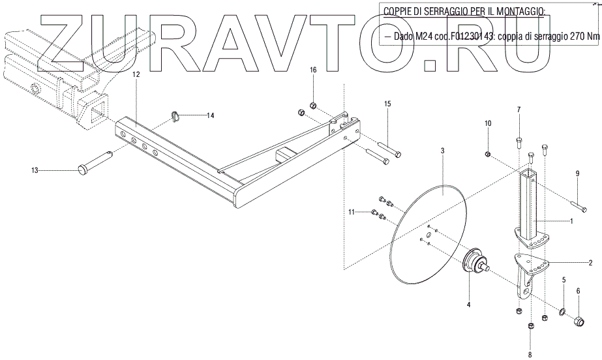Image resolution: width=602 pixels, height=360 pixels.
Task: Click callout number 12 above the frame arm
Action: pyautogui.click(x=136, y=76)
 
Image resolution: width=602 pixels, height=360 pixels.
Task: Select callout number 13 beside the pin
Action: pyautogui.click(x=35, y=170)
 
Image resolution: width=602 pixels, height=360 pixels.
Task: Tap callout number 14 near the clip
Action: pyautogui.click(x=210, y=115)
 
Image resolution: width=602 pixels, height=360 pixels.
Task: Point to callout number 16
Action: pyautogui.click(x=312, y=70)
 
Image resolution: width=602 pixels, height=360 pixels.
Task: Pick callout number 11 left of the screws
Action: pyautogui.click(x=351, y=212)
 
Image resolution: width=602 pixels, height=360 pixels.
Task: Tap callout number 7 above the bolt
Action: pyautogui.click(x=519, y=109)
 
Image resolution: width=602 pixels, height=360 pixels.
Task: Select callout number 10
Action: pyautogui.click(x=487, y=123)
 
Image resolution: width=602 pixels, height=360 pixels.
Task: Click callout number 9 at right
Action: pyautogui.click(x=577, y=173)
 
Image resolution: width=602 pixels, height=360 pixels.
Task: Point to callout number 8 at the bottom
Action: pyautogui.click(x=530, y=354)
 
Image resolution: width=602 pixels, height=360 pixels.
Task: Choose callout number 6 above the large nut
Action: pyautogui.click(x=577, y=290)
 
